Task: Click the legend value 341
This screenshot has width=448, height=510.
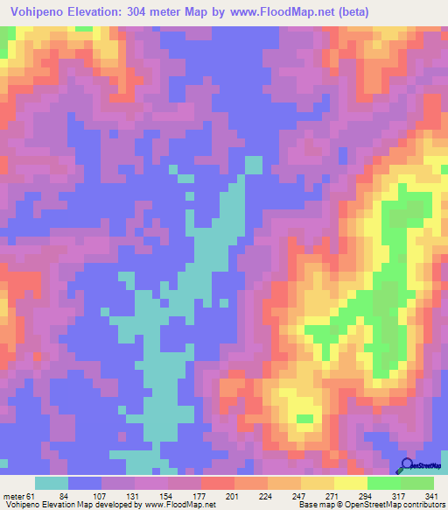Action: [x=430, y=495]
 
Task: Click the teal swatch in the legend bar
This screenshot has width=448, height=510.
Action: [x=52, y=483]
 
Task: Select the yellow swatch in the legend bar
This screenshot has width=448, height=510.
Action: [x=350, y=483]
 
